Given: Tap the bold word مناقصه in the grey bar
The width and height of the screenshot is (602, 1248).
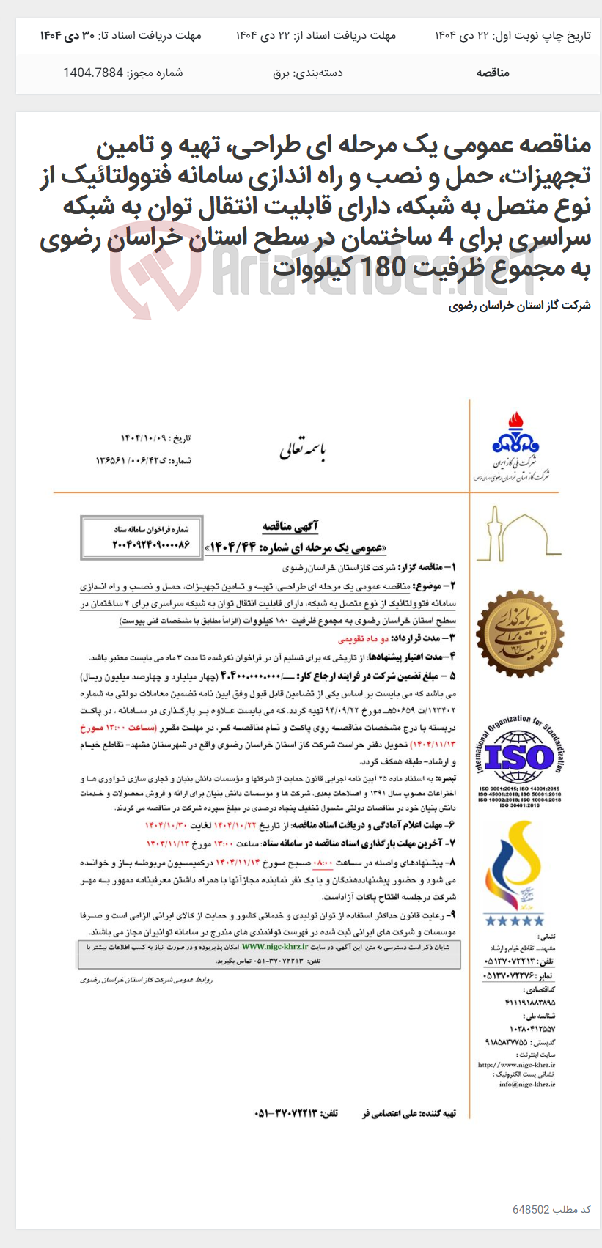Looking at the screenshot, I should [493, 73].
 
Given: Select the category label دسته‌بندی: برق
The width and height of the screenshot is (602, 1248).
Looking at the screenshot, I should [307, 73].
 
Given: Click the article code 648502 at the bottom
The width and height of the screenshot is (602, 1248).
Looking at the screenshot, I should [530, 1209].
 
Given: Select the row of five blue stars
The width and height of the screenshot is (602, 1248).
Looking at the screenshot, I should [514, 920].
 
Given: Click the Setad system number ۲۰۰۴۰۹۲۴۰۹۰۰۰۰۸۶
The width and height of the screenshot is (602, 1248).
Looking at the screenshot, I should [141, 545].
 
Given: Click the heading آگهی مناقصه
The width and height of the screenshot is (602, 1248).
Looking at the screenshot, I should [290, 527].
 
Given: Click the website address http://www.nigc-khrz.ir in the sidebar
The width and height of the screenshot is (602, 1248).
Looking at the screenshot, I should [516, 1064].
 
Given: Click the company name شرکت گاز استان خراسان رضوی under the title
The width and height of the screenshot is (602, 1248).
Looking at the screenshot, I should [519, 306].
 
